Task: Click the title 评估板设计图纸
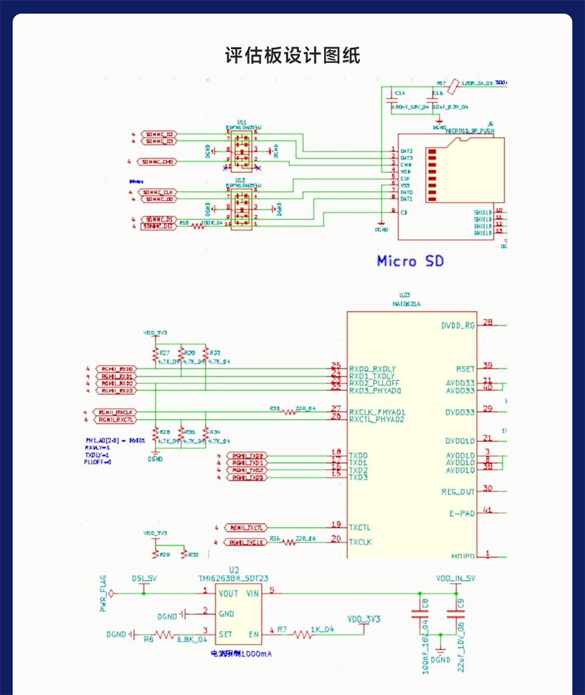pos(292,56)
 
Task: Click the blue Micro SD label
pos(409,261)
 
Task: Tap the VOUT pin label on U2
pos(228,594)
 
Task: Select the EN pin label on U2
pos(253,634)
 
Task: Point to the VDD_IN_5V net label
pos(456,579)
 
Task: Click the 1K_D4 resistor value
pos(322,630)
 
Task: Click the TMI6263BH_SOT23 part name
pos(233,579)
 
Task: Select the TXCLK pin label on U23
pos(360,542)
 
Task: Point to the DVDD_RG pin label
pos(458,326)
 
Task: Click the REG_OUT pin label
pos(458,492)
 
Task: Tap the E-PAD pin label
pos(462,513)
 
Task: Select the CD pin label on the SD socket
pos(404,212)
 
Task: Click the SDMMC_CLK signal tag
pos(159,192)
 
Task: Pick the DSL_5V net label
pos(144,579)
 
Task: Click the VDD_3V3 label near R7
pos(364,618)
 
